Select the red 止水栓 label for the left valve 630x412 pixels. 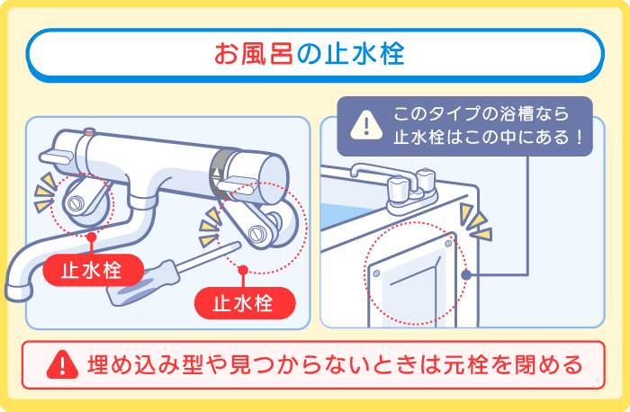click(90, 270)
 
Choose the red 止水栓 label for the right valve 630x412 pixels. click(242, 303)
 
